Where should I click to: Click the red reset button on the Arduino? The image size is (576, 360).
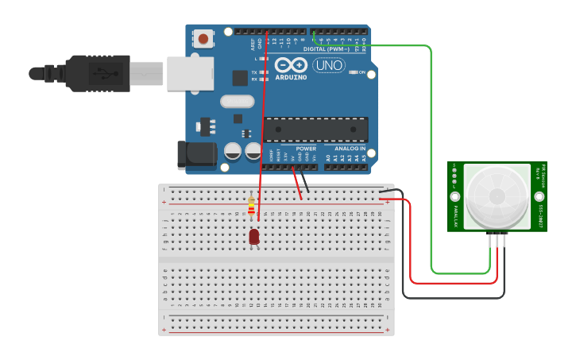pos(204,38)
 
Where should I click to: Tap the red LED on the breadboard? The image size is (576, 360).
pos(254,236)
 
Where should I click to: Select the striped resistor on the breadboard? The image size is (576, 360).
pos(252,207)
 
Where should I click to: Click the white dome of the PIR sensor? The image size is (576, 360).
pos(497,195)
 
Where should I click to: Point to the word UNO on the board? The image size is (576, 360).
pos(329,65)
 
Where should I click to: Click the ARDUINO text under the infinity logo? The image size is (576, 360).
pos(291,77)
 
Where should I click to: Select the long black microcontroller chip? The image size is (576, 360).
pos(316,127)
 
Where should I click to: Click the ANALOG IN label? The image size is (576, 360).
pos(350,149)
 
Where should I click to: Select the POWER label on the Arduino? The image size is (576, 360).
pos(306,149)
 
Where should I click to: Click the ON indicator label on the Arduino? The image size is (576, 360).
pos(361,72)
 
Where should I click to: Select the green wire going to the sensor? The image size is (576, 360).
pos(431,159)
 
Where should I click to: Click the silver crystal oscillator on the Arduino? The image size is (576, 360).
pos(237,101)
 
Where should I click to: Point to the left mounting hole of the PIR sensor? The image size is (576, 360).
pos(455,196)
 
